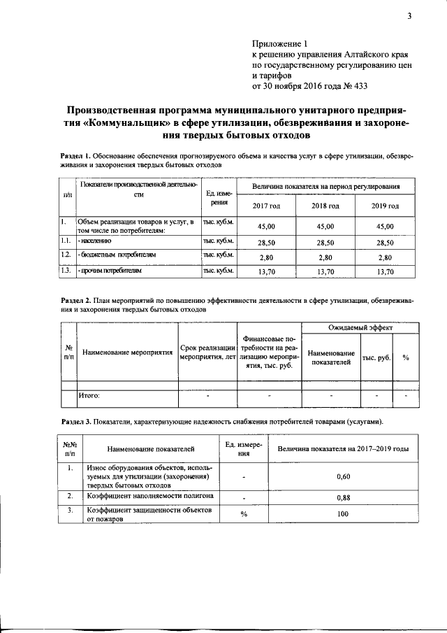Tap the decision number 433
click(356, 87)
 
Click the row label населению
click(98, 240)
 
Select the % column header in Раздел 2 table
click(405, 357)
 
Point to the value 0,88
click(342, 497)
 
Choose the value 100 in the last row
click(342, 514)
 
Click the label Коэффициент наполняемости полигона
click(149, 495)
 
